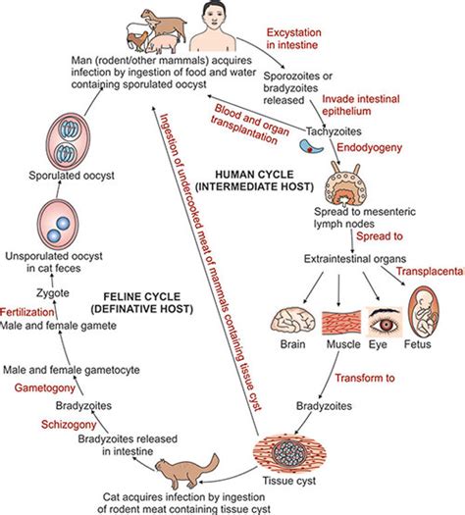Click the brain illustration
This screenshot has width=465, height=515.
click(x=292, y=320)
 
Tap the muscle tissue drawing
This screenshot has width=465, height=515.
click(x=341, y=322)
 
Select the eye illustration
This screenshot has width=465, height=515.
click(x=384, y=322)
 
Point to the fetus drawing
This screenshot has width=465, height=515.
click(x=424, y=311)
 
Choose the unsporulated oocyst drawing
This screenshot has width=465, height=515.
click(x=58, y=225)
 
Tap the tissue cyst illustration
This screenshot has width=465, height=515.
click(x=289, y=453)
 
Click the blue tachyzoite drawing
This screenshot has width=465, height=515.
click(x=311, y=146)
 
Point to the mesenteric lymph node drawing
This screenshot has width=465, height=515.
click(x=345, y=184)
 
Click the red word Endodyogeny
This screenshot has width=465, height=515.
click(x=370, y=147)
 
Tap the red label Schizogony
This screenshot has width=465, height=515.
click(x=69, y=424)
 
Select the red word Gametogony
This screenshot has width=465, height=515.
click(x=45, y=387)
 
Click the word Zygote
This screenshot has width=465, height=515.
click(x=53, y=292)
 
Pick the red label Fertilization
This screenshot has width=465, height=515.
click(x=26, y=312)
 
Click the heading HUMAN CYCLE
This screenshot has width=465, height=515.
click(x=254, y=174)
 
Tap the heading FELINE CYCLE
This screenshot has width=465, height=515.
click(x=142, y=296)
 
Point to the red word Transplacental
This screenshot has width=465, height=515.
click(x=431, y=271)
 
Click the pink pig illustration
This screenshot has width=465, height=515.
click(x=163, y=43)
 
